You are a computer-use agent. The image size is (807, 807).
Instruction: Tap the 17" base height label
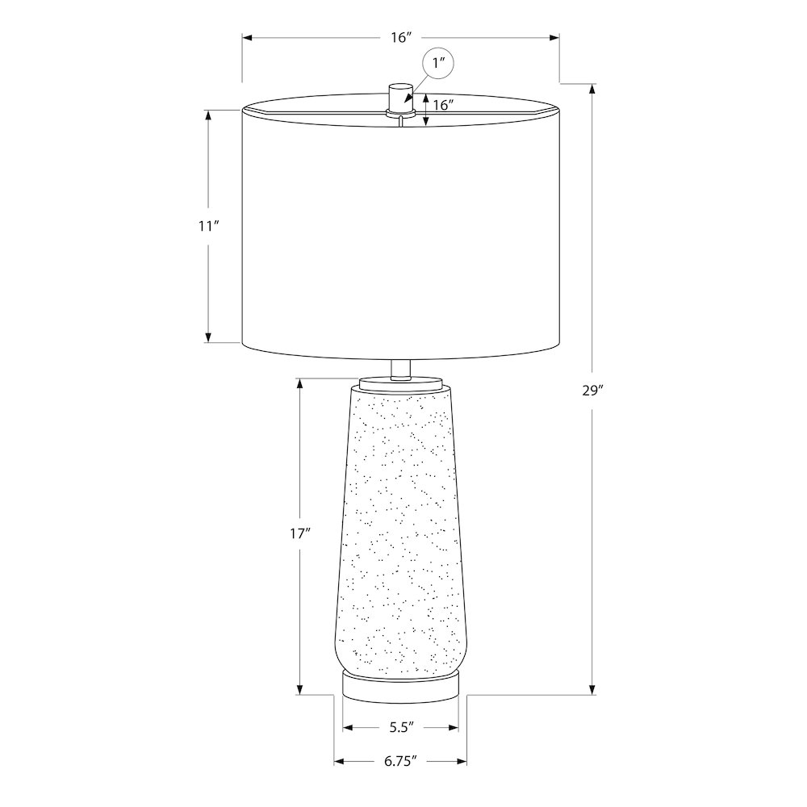point(299,533)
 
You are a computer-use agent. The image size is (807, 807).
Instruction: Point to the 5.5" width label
point(400,727)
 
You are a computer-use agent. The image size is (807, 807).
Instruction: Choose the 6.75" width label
point(400,762)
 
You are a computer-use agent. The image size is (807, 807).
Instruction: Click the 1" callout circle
point(438,64)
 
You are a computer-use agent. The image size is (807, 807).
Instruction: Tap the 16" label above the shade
point(401,38)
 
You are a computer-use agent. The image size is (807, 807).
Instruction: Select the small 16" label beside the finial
point(442,105)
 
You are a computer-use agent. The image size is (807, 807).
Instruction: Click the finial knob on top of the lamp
point(400,97)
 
